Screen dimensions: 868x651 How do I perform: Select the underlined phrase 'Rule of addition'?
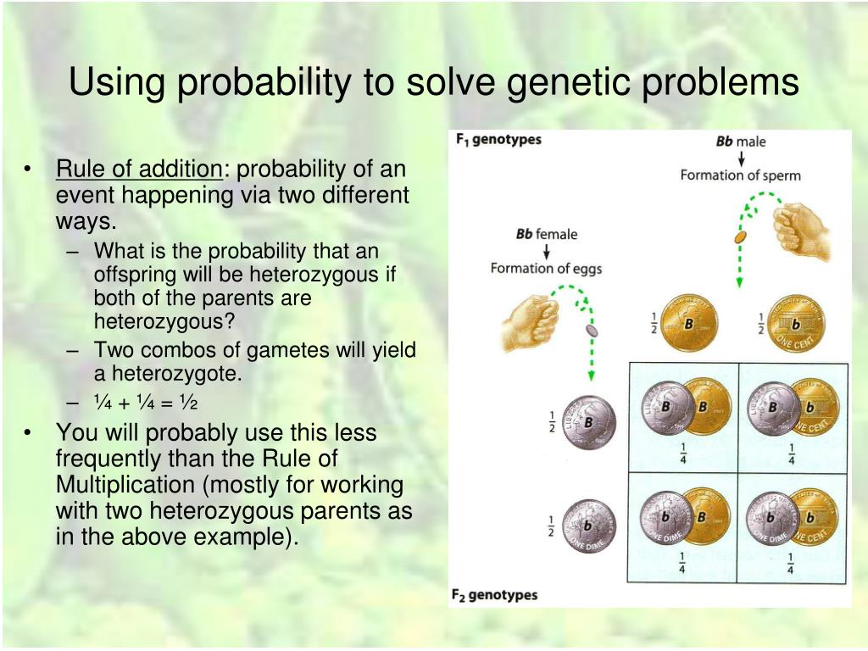(139, 169)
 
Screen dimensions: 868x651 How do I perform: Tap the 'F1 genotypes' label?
(498, 139)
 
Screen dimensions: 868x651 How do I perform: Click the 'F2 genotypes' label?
(494, 595)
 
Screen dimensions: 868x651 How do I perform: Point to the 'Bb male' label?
(741, 142)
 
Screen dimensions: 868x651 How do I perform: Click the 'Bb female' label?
(547, 234)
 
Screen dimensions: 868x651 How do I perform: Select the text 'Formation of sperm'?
(740, 175)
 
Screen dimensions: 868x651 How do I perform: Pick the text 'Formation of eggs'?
(546, 269)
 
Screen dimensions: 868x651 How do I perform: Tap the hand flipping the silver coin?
(530, 323)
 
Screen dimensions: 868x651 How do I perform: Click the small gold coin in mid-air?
(739, 238)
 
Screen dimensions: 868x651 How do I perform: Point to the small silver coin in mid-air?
(592, 331)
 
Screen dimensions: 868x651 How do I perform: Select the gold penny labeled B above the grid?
(690, 323)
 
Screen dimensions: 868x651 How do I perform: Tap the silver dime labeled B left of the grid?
(589, 422)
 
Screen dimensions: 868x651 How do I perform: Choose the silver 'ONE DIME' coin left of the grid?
(589, 526)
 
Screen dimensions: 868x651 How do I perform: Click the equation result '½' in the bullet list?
(188, 403)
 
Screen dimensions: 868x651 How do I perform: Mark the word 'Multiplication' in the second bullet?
(125, 484)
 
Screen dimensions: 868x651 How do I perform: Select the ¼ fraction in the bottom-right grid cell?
(790, 563)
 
